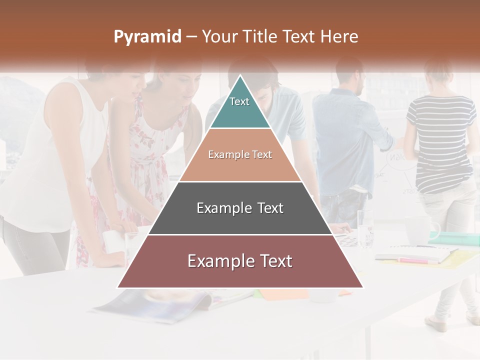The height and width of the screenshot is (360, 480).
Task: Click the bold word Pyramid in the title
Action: point(147,37)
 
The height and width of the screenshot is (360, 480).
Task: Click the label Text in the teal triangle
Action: point(239,101)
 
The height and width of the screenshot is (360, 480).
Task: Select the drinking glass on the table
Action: point(365,227)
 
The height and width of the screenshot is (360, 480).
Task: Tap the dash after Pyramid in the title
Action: point(191,37)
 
